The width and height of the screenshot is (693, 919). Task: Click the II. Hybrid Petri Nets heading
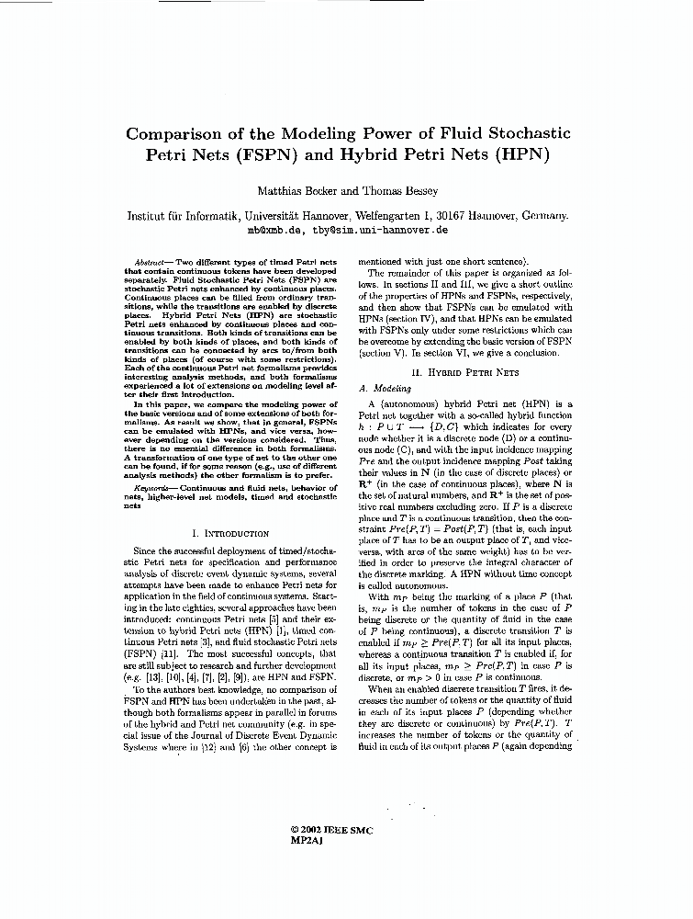(465, 372)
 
